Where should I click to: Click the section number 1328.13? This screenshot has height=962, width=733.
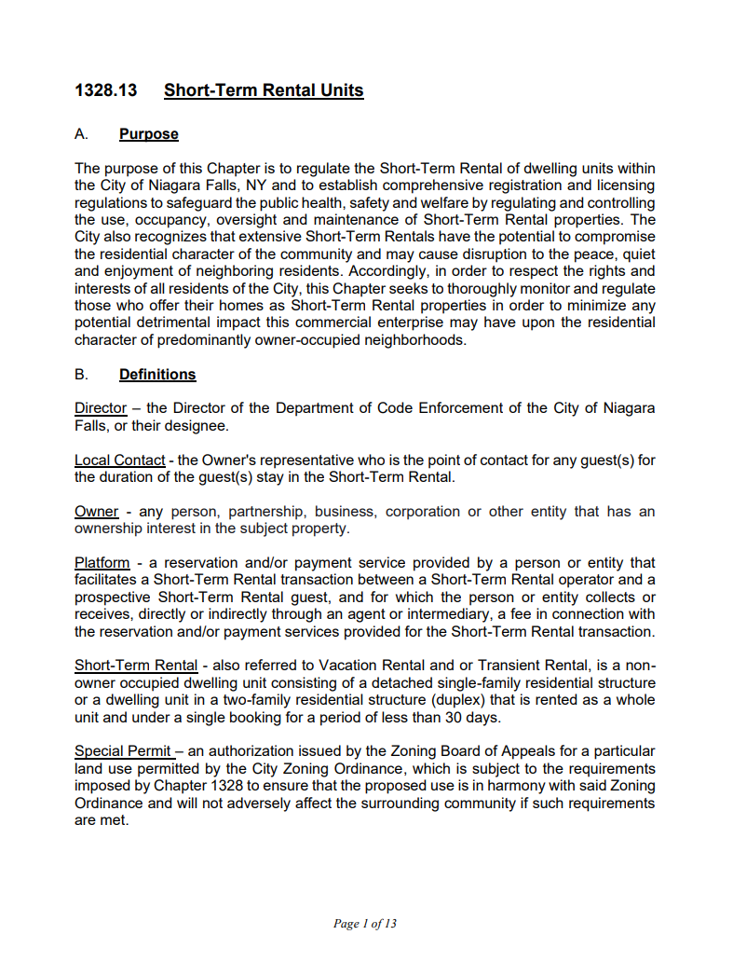click(106, 90)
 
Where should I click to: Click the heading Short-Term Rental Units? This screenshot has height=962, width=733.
click(264, 90)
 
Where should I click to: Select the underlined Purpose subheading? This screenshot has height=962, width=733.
click(149, 134)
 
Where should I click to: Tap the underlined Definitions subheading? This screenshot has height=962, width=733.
click(157, 375)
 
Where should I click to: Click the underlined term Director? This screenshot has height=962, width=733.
click(100, 408)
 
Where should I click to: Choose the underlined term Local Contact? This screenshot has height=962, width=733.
click(119, 460)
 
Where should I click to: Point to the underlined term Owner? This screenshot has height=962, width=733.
click(96, 512)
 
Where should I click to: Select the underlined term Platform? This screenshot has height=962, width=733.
click(102, 563)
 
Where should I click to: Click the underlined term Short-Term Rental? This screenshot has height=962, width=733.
click(136, 666)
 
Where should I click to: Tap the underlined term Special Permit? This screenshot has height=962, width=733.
click(123, 751)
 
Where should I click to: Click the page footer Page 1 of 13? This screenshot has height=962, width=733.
click(365, 924)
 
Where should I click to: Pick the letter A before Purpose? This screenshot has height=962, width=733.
click(81, 134)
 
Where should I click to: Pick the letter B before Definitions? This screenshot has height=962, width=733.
click(81, 375)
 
